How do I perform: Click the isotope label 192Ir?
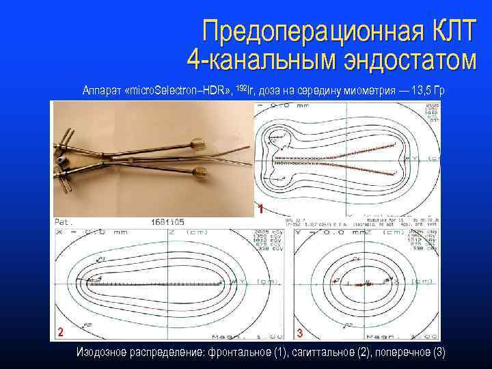pyautogui.click(x=244, y=89)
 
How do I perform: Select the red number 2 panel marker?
pyautogui.click(x=61, y=332)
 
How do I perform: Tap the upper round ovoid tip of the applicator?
pyautogui.click(x=200, y=144)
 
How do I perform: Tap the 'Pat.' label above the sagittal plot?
pyautogui.click(x=64, y=222)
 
